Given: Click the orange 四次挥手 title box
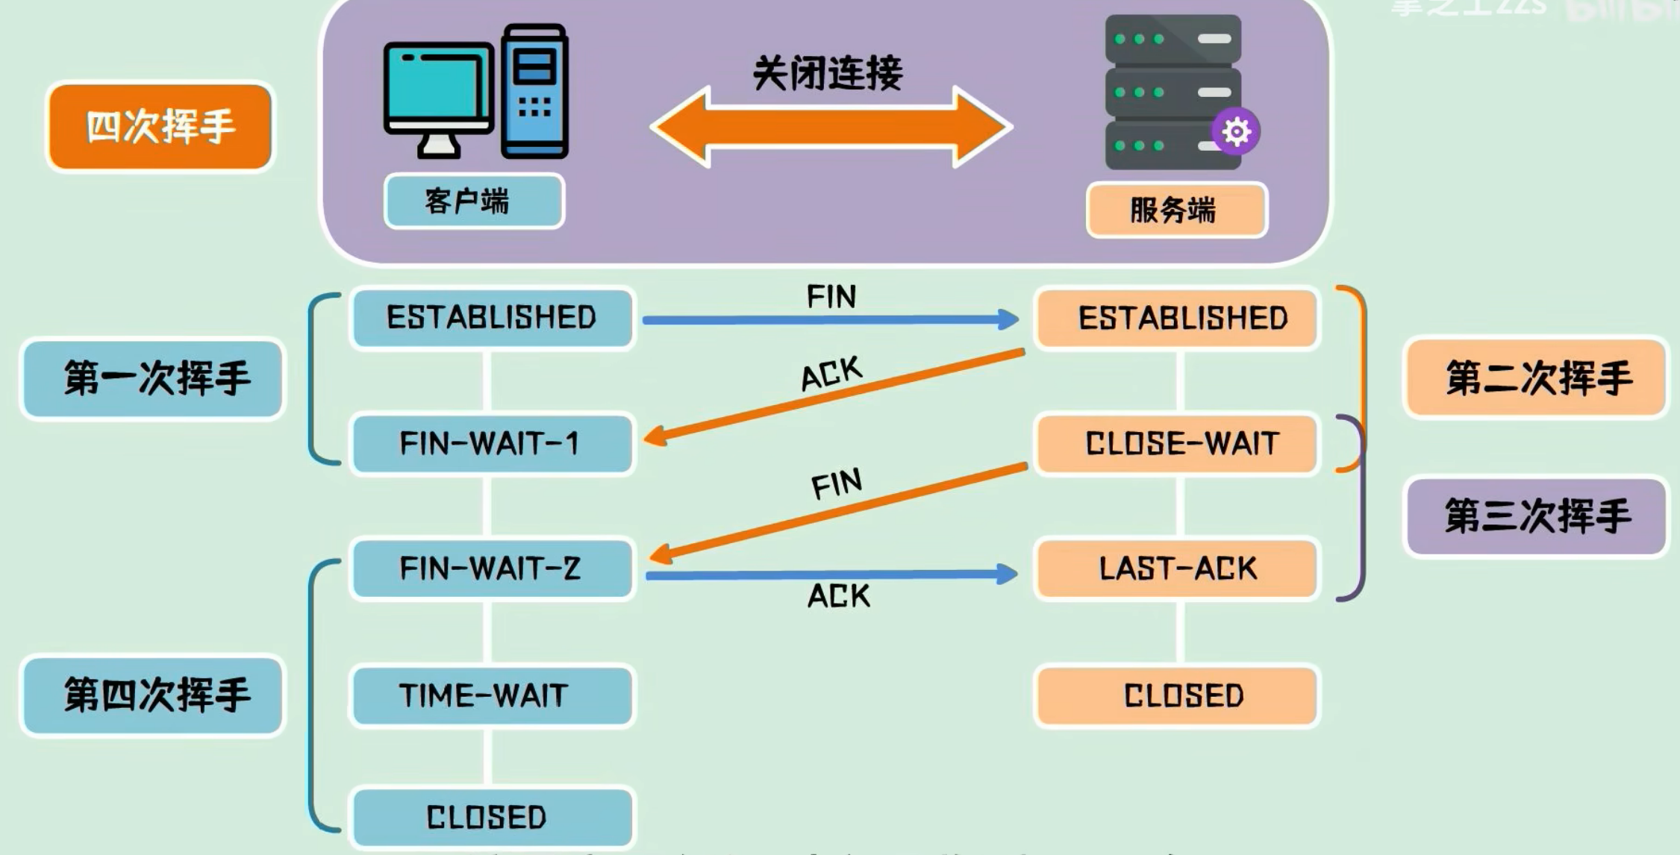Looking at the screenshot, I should coord(160,127).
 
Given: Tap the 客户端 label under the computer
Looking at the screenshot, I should coord(474,201).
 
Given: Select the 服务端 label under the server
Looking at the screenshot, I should coord(1176,210).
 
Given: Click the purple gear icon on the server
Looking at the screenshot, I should coord(1236,132).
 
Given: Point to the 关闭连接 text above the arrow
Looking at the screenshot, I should coord(828,74).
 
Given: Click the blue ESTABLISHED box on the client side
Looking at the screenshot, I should coord(492,318).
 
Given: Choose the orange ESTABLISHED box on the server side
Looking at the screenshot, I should coord(1177,319).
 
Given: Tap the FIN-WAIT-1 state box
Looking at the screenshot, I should coord(492,444).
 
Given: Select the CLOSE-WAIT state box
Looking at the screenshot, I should coord(1177,444).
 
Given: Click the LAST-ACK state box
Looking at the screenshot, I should coord(1177,569).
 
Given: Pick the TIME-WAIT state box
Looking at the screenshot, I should coord(492,695).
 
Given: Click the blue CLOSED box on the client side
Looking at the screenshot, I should coord(492,817).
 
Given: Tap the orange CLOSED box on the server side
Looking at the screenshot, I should coord(1177,695).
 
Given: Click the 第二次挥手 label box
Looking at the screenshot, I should coord(1536,378).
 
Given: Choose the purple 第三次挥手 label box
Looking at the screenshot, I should coord(1536,516).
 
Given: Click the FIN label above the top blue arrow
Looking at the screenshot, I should coord(831,297).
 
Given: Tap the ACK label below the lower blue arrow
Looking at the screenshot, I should coord(839,596).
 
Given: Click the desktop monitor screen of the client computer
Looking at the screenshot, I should coord(437,86).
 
